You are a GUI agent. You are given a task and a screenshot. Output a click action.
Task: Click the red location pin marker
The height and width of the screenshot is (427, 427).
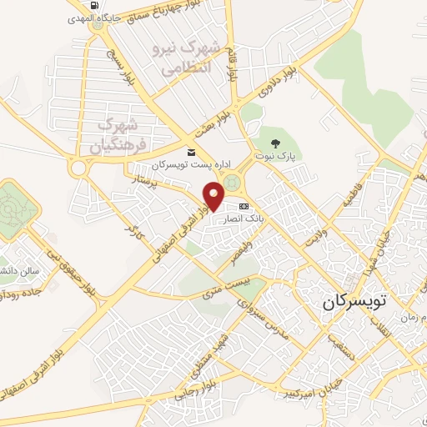(214, 197)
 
